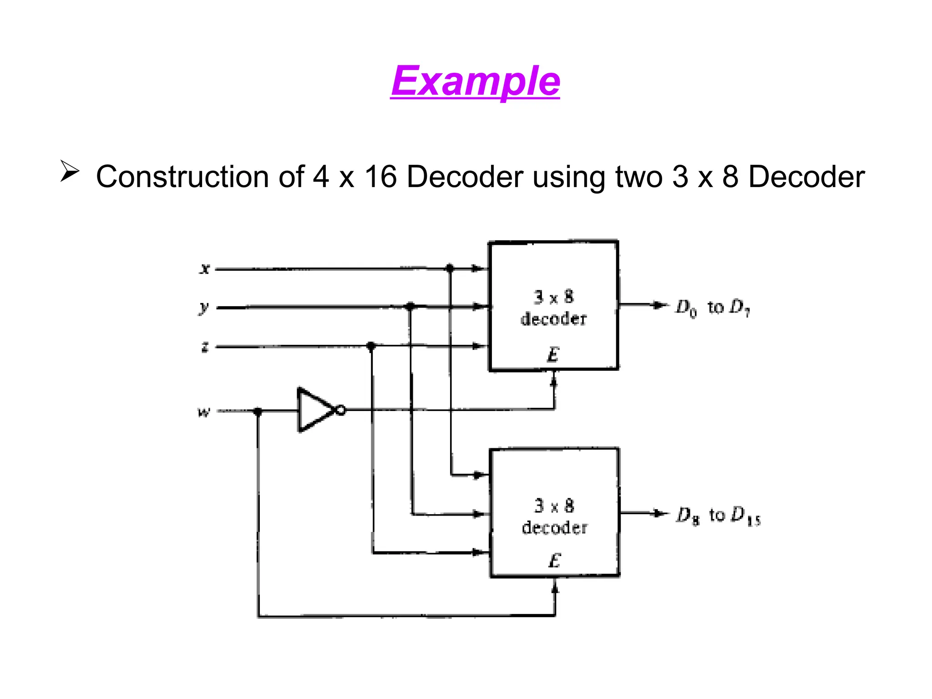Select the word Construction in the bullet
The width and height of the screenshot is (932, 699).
(182, 177)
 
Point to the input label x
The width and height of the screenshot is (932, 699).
(205, 268)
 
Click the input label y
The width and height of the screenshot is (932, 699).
(204, 308)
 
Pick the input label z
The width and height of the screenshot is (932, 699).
(205, 347)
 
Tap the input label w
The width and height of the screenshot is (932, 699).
(204, 412)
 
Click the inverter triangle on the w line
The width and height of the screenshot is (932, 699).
(314, 410)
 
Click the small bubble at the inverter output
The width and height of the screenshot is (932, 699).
(340, 410)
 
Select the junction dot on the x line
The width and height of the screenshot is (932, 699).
(450, 268)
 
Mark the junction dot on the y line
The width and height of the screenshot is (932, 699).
(410, 306)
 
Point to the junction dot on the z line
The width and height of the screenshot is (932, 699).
(371, 346)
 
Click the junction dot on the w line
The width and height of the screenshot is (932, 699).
(258, 411)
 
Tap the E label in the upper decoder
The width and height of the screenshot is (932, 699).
(553, 354)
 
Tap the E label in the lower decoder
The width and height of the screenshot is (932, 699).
(554, 560)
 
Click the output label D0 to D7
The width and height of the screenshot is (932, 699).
(712, 308)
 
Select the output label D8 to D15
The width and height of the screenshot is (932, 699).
(718, 516)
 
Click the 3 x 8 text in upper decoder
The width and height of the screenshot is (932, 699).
(554, 297)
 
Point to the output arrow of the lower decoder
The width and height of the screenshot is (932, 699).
(658, 513)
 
